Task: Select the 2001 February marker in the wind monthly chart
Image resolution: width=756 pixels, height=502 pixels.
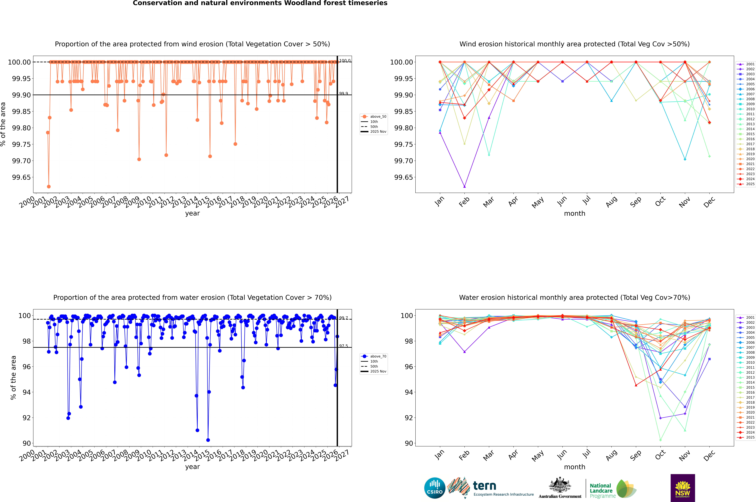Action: pyautogui.click(x=464, y=186)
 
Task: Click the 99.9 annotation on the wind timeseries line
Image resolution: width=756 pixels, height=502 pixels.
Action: pyautogui.click(x=344, y=94)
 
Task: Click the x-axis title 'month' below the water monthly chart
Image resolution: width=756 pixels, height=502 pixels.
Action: pyautogui.click(x=574, y=467)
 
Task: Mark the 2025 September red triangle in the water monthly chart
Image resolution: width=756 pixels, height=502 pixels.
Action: pyautogui.click(x=636, y=385)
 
